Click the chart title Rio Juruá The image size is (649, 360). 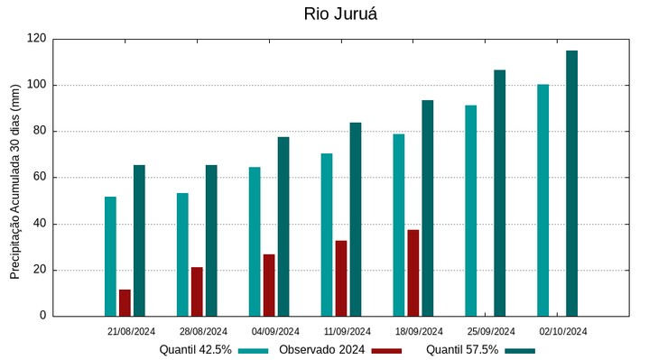coord(341,14)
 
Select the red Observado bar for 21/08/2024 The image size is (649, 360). coord(125,302)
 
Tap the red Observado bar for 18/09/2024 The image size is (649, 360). coord(413,272)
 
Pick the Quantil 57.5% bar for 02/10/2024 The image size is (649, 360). coord(571,183)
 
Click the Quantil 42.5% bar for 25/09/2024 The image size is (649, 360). coord(471,210)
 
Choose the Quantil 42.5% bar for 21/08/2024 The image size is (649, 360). coord(110,256)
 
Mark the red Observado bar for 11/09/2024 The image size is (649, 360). coord(341,278)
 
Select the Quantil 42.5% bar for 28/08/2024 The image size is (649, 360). coord(182,254)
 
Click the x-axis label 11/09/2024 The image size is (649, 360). coord(348,331)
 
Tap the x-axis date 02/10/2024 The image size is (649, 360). coord(563,331)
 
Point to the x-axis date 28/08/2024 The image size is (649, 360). coord(203,331)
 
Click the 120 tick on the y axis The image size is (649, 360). coord(37,39)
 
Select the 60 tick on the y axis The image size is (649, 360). coord(40,178)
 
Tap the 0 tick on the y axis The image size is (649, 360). coord(43,316)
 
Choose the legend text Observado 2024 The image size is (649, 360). coord(321,350)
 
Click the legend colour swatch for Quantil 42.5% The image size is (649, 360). coord(254,350)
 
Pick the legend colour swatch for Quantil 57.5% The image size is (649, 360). coord(520,350)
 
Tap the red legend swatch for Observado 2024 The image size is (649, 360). coord(386,350)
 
